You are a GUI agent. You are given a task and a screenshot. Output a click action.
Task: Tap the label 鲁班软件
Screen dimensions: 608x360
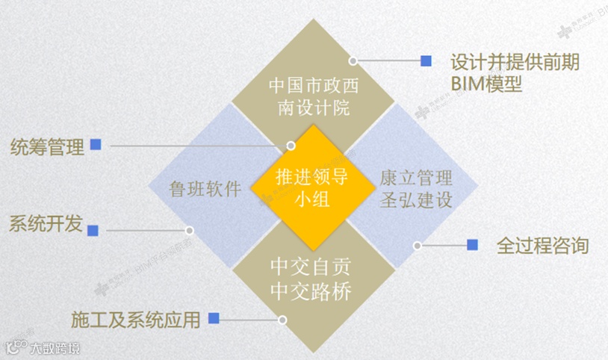tap(205, 188)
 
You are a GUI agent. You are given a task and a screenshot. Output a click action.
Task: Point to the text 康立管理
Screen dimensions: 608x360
tap(415, 178)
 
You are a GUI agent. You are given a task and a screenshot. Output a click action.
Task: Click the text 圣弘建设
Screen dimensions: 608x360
tap(415, 201)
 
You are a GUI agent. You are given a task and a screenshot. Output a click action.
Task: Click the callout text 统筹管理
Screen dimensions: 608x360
tap(47, 147)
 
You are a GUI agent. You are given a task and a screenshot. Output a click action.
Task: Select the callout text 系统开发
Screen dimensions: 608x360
tap(45, 224)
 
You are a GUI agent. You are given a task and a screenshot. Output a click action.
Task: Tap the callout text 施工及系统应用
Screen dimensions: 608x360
tap(136, 320)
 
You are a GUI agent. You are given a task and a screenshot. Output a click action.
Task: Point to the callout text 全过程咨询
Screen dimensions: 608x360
tap(543, 245)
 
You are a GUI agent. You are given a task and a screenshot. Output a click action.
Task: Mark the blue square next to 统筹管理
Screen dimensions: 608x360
tap(95, 145)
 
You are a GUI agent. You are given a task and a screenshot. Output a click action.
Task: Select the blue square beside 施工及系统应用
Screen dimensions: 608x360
tap(214, 318)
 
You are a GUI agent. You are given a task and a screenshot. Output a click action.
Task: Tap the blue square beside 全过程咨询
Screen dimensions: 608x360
tap(472, 244)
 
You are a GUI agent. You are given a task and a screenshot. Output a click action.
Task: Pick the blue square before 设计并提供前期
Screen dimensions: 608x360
tap(426, 60)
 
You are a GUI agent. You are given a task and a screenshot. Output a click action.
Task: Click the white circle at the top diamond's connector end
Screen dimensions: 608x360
tap(353, 60)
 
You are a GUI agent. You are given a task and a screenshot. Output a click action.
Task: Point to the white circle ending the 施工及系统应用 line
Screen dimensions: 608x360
tap(282, 320)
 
